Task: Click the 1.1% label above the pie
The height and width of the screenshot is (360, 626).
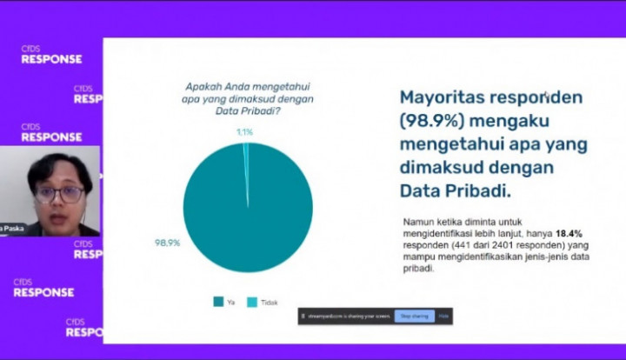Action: point(244,132)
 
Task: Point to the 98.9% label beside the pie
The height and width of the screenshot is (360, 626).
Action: point(167,243)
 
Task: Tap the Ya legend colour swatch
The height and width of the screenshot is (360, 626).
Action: point(218,301)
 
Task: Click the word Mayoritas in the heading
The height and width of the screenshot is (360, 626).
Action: point(438,97)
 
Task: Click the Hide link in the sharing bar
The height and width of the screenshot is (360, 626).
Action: point(443,317)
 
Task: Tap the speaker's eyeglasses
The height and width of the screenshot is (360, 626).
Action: point(60,193)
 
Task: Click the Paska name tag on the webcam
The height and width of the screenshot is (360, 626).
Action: point(12,229)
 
